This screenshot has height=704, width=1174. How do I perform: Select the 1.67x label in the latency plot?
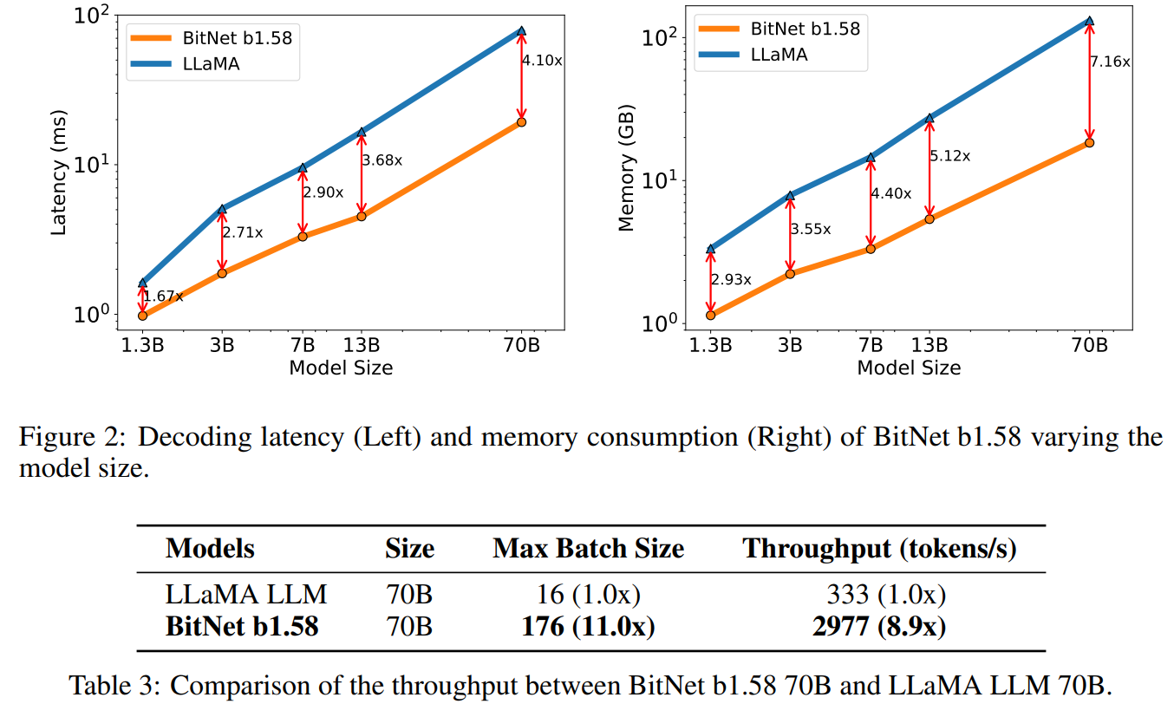tap(164, 297)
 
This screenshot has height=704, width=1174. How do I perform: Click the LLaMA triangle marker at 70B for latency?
tap(521, 31)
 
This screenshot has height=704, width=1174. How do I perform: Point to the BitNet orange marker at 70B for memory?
tap(1089, 143)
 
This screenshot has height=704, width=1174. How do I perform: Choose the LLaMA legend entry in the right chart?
tap(778, 54)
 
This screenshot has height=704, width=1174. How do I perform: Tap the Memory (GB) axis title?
tap(626, 177)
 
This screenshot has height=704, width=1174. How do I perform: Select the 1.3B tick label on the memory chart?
tap(710, 344)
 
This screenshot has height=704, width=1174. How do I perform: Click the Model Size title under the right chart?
tap(909, 368)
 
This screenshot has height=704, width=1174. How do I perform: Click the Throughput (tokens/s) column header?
tap(880, 549)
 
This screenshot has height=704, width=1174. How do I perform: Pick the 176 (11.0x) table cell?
tap(588, 626)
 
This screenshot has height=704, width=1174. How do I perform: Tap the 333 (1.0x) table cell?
tap(885, 596)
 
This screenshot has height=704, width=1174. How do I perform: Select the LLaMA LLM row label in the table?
tap(246, 596)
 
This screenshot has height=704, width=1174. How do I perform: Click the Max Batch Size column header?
tap(588, 549)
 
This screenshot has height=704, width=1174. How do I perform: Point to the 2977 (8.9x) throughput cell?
tap(879, 626)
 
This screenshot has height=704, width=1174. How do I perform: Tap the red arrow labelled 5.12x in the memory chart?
tap(929, 169)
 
